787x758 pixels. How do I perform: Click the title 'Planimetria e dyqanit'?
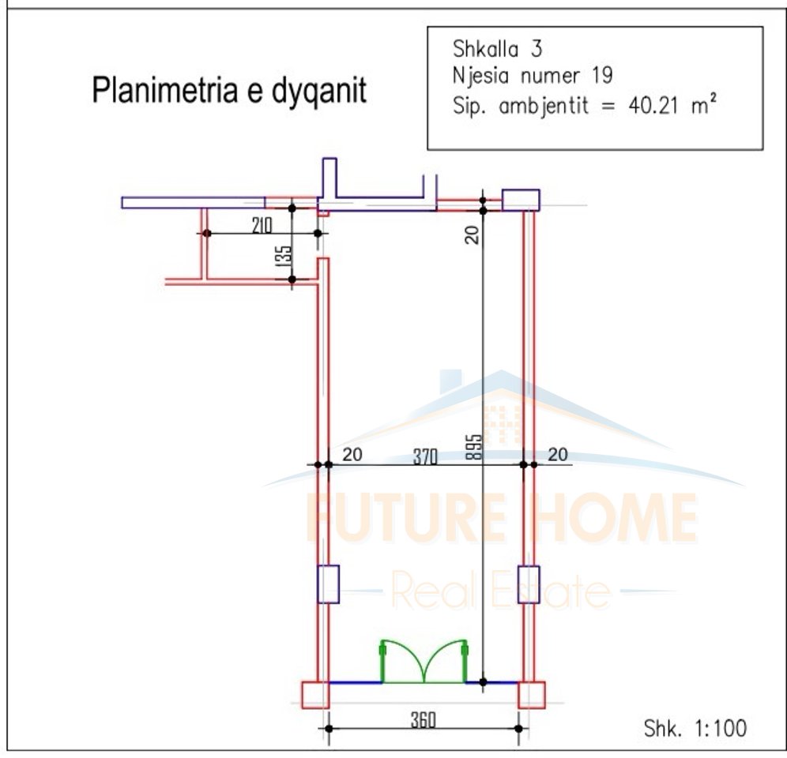229,90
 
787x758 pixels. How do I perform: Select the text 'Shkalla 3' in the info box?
497,49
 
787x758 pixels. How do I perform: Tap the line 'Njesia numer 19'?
533,76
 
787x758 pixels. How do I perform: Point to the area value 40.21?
653,106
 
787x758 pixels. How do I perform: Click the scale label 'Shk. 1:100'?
695,729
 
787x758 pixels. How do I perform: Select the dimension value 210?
262,225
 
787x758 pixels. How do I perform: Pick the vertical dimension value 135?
284,255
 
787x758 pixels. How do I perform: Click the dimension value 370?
425,456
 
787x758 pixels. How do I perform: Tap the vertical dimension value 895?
473,447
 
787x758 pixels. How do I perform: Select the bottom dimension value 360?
423,720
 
